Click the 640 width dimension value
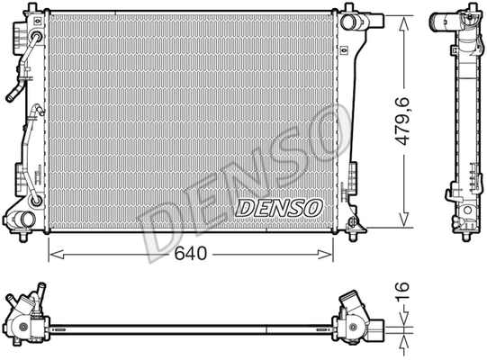tap(191, 254)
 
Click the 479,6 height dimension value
tap(402, 121)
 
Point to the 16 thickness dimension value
tap(402, 291)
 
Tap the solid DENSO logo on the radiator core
tap(279, 208)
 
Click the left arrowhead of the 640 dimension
tap(57, 255)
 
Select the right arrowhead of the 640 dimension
tap(325, 255)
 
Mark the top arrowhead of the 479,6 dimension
tap(403, 24)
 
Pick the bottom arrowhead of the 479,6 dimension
tap(403, 219)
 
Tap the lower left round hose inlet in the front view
tap(24, 220)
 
